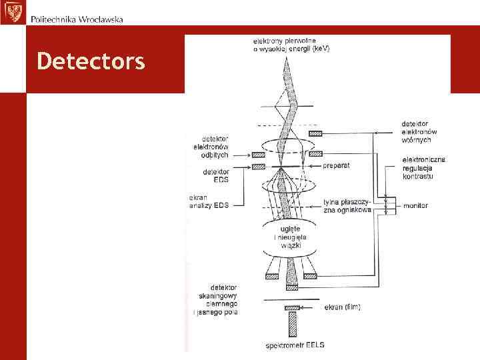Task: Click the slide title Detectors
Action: (x=91, y=61)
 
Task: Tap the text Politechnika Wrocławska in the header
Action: (x=77, y=19)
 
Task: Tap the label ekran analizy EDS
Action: (x=209, y=202)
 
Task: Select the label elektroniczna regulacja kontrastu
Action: (x=424, y=167)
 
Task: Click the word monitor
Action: (x=415, y=206)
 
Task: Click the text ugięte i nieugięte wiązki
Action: (x=289, y=237)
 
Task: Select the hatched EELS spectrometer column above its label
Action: (x=291, y=325)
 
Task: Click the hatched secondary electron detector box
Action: (x=317, y=133)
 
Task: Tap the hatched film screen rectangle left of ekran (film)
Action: (x=291, y=307)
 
